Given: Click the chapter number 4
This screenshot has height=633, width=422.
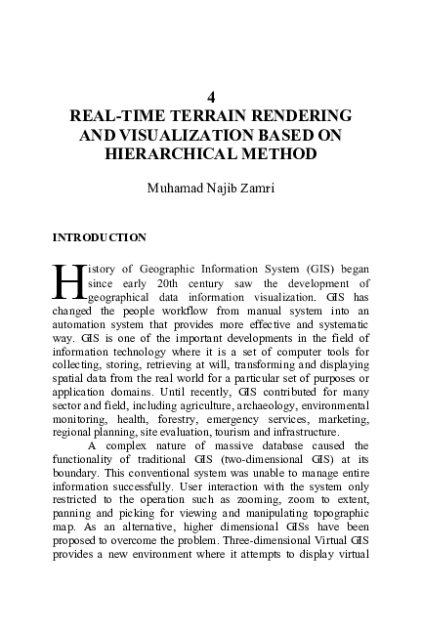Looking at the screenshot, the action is click(x=211, y=98).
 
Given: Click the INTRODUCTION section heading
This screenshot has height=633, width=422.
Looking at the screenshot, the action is click(x=99, y=236).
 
